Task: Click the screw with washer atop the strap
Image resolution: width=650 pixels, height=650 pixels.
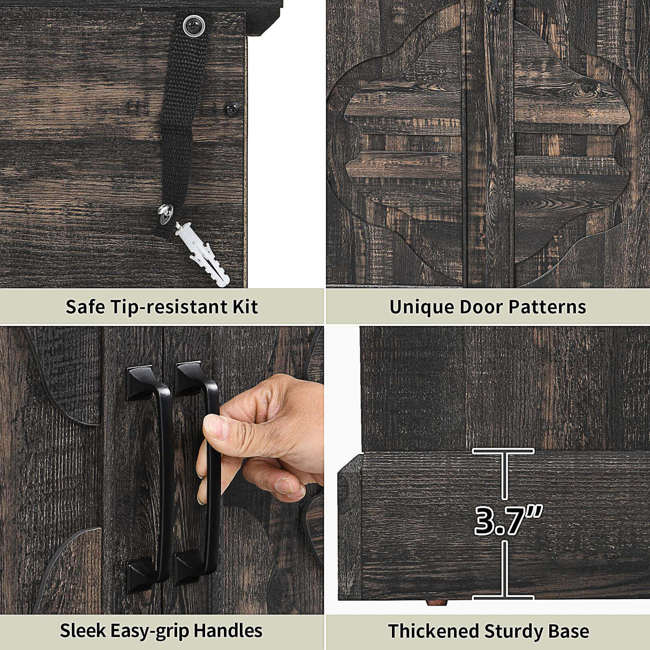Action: (x=194, y=25)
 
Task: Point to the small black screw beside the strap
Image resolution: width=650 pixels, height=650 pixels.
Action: (x=232, y=109)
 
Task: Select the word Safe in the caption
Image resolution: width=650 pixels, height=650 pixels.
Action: (x=85, y=307)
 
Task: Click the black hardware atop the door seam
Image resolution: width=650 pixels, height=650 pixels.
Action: (x=495, y=7)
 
